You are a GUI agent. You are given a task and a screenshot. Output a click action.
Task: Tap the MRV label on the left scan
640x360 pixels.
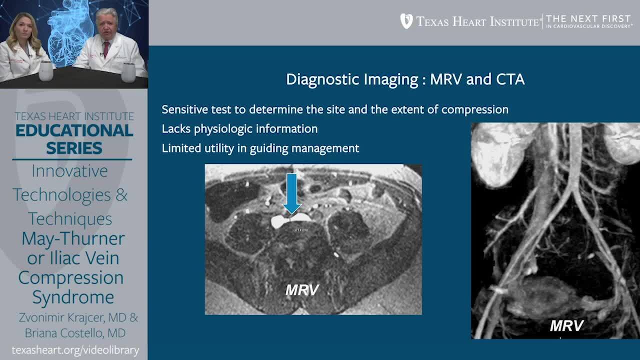301,289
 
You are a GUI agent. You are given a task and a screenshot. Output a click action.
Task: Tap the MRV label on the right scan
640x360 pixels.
566,325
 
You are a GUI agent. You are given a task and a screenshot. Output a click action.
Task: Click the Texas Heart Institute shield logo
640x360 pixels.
406,21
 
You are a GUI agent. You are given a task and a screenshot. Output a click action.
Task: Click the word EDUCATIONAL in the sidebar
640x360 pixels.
74,130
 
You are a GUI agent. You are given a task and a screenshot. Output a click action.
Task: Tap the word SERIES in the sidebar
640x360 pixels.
74,148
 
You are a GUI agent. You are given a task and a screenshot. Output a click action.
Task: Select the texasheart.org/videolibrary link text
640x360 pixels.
75,350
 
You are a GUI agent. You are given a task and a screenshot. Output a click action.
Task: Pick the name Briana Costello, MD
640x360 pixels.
75,333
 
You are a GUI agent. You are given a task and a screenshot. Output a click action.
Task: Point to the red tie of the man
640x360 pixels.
106,49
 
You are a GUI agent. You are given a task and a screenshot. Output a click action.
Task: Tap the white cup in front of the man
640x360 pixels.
128,72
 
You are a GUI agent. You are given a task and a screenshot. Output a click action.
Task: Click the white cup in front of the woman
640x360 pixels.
46,71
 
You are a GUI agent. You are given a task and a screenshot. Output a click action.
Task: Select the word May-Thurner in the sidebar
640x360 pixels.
73,238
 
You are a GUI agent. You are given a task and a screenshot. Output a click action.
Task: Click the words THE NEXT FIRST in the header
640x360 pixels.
588,18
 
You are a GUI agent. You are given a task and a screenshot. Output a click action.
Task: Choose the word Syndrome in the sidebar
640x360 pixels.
73,297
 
